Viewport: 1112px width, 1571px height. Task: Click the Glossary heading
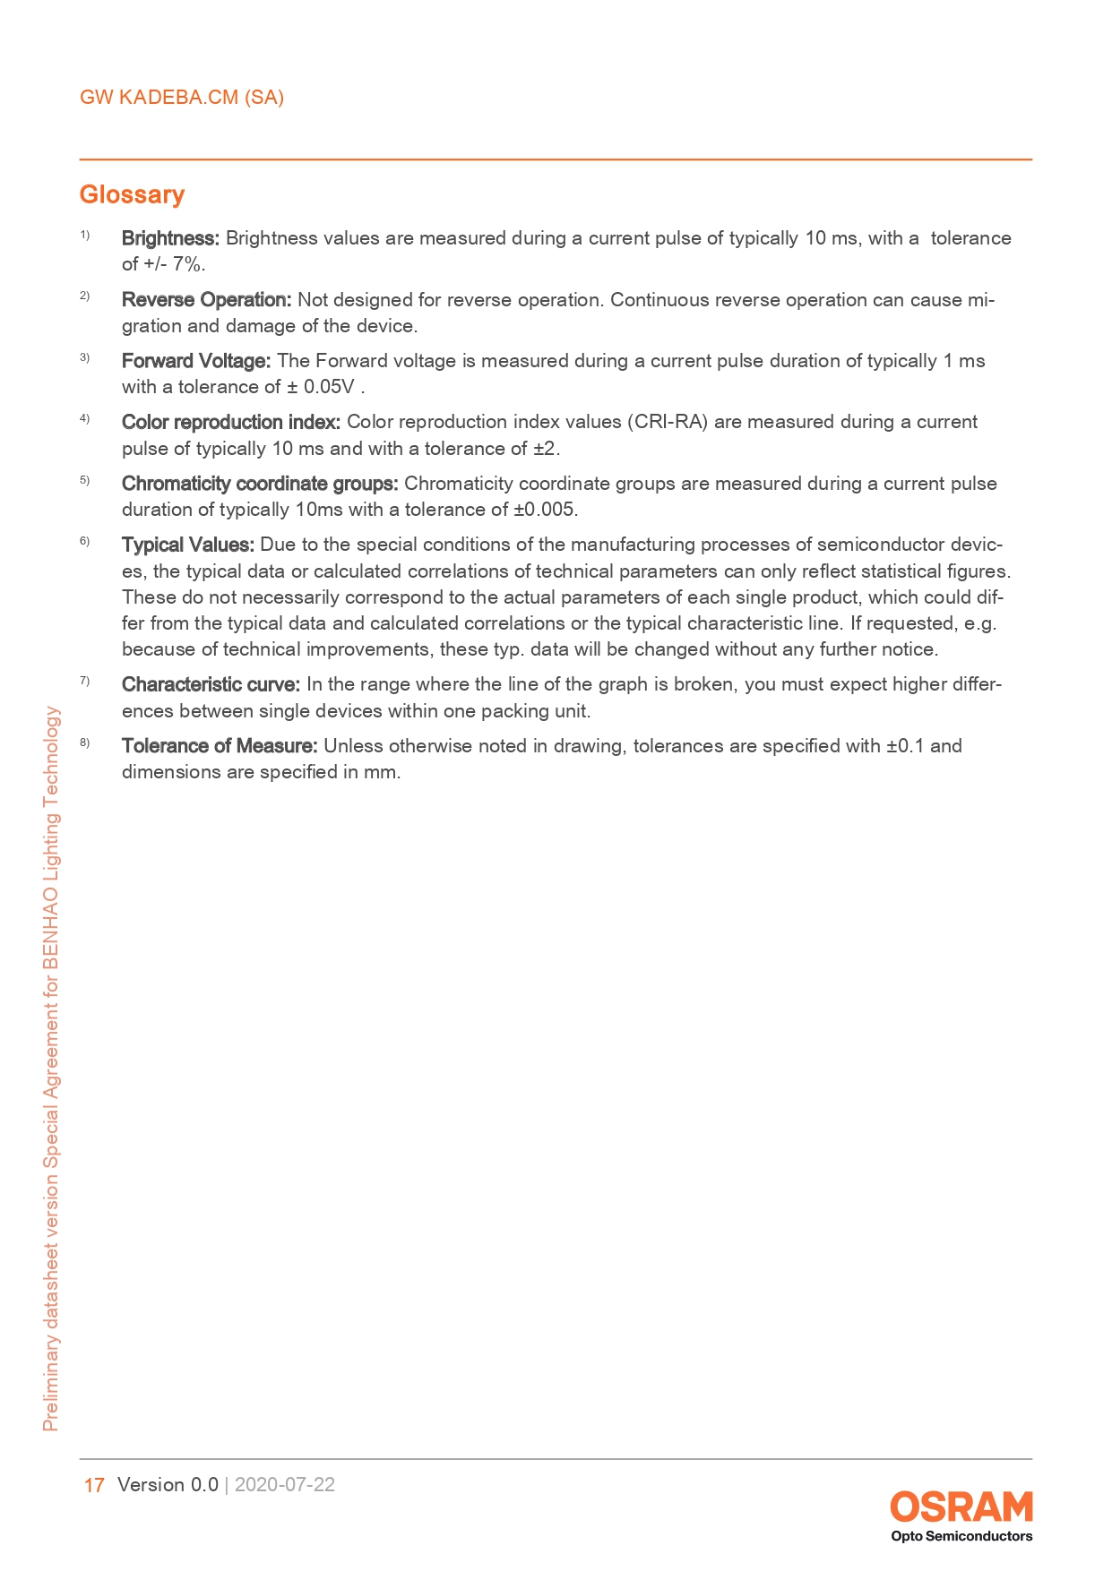click(132, 194)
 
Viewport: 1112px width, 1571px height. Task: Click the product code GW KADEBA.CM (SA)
click(182, 98)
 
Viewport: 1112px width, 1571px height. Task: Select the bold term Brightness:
click(170, 238)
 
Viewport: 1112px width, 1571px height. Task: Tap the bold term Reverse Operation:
click(206, 300)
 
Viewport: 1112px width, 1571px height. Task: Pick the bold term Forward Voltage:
click(195, 361)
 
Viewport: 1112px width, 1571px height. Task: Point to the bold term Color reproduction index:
click(230, 422)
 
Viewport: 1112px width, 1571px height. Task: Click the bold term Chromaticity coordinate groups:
click(260, 484)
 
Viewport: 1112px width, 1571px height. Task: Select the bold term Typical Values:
click(188, 545)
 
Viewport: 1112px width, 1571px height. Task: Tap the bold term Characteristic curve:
click(211, 684)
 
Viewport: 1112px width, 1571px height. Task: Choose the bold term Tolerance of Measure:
click(220, 746)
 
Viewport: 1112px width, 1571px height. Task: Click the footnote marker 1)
click(84, 235)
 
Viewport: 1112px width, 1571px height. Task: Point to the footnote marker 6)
click(84, 541)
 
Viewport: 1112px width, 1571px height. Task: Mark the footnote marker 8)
click(84, 743)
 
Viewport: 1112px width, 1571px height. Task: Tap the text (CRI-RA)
click(668, 422)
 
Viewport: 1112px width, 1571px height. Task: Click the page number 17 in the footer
click(93, 1485)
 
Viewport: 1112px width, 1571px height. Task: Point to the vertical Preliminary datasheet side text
click(52, 1066)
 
